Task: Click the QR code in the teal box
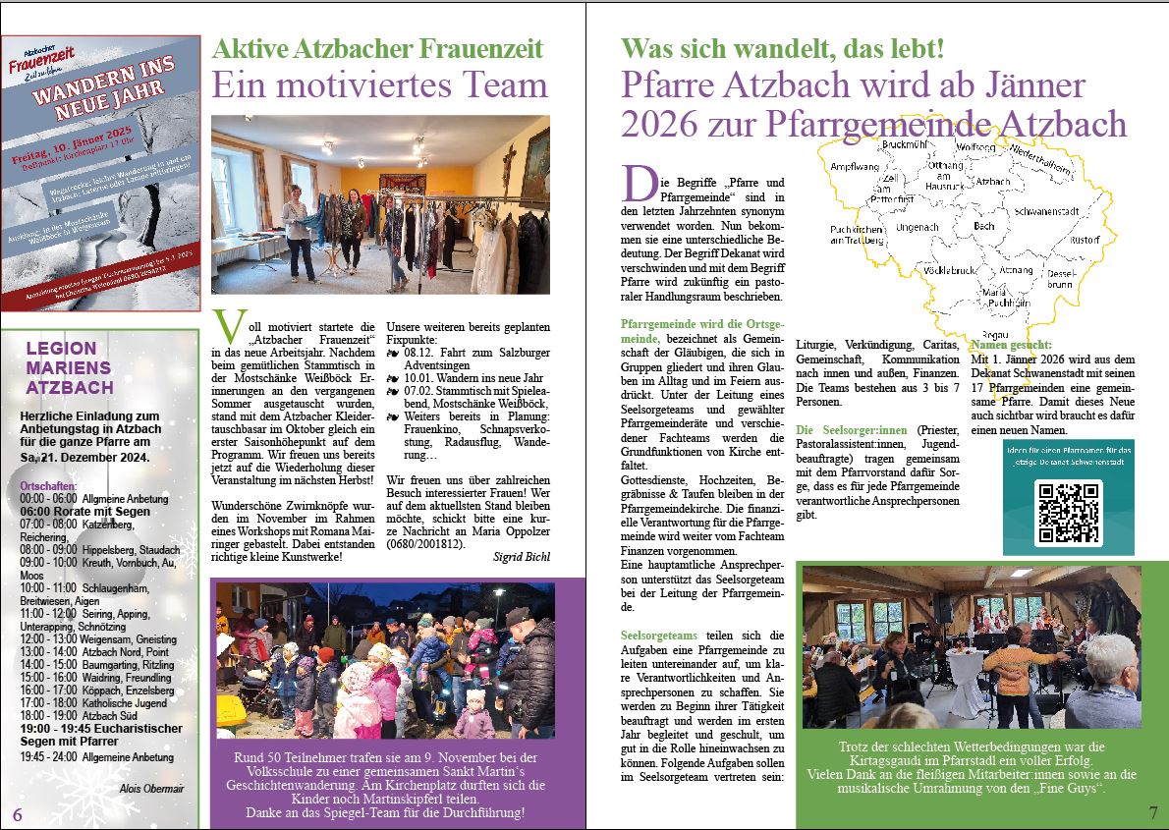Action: [x=1069, y=513]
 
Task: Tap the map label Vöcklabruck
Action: [x=948, y=270]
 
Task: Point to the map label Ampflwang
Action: [x=854, y=167]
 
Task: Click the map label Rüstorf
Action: [x=1085, y=240]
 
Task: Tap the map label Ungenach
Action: [x=891, y=227]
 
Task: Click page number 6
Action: [x=18, y=815]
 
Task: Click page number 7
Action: [x=1153, y=813]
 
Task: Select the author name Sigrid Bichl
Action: [x=522, y=557]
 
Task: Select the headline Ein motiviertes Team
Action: [x=379, y=84]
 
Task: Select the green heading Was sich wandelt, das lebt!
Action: [x=782, y=48]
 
